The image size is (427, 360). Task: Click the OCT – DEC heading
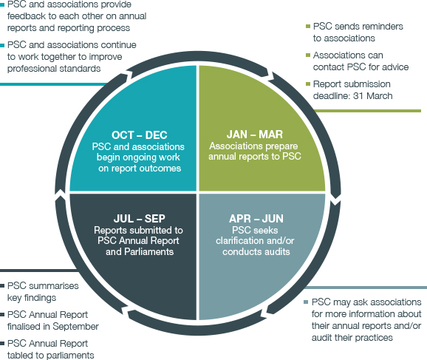140,135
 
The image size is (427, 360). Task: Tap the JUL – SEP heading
140,220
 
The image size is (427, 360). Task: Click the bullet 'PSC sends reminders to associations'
358,32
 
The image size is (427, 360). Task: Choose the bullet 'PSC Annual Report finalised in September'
52,320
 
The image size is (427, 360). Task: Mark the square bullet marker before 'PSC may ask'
306,302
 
